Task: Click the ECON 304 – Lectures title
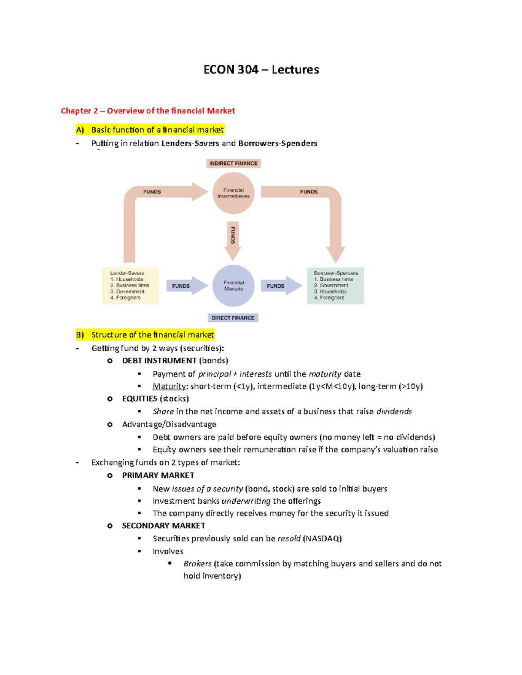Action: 261,70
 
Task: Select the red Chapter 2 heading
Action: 148,111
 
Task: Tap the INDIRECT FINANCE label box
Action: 233,163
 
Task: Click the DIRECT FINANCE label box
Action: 233,318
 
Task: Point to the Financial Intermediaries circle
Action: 234,193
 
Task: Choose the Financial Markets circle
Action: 234,286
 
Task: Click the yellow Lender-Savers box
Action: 130,286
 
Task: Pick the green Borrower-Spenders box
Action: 335,286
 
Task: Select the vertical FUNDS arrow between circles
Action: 233,239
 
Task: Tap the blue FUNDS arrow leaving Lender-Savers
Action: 186,286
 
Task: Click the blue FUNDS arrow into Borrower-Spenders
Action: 281,286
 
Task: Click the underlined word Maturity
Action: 169,386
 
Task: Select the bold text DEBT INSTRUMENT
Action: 159,361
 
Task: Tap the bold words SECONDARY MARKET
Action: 164,526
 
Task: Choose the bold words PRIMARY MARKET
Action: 158,475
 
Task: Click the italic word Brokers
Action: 197,564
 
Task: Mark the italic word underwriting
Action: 246,501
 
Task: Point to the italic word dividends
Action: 394,412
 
